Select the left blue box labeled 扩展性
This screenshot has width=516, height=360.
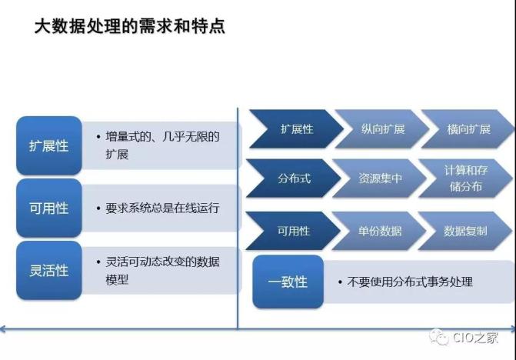pyautogui.click(x=48, y=145)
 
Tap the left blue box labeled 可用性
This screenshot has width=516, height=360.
pyautogui.click(x=48, y=208)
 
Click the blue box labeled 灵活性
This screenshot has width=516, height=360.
pyautogui.click(x=48, y=271)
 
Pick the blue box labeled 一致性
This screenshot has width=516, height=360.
pyautogui.click(x=288, y=282)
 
